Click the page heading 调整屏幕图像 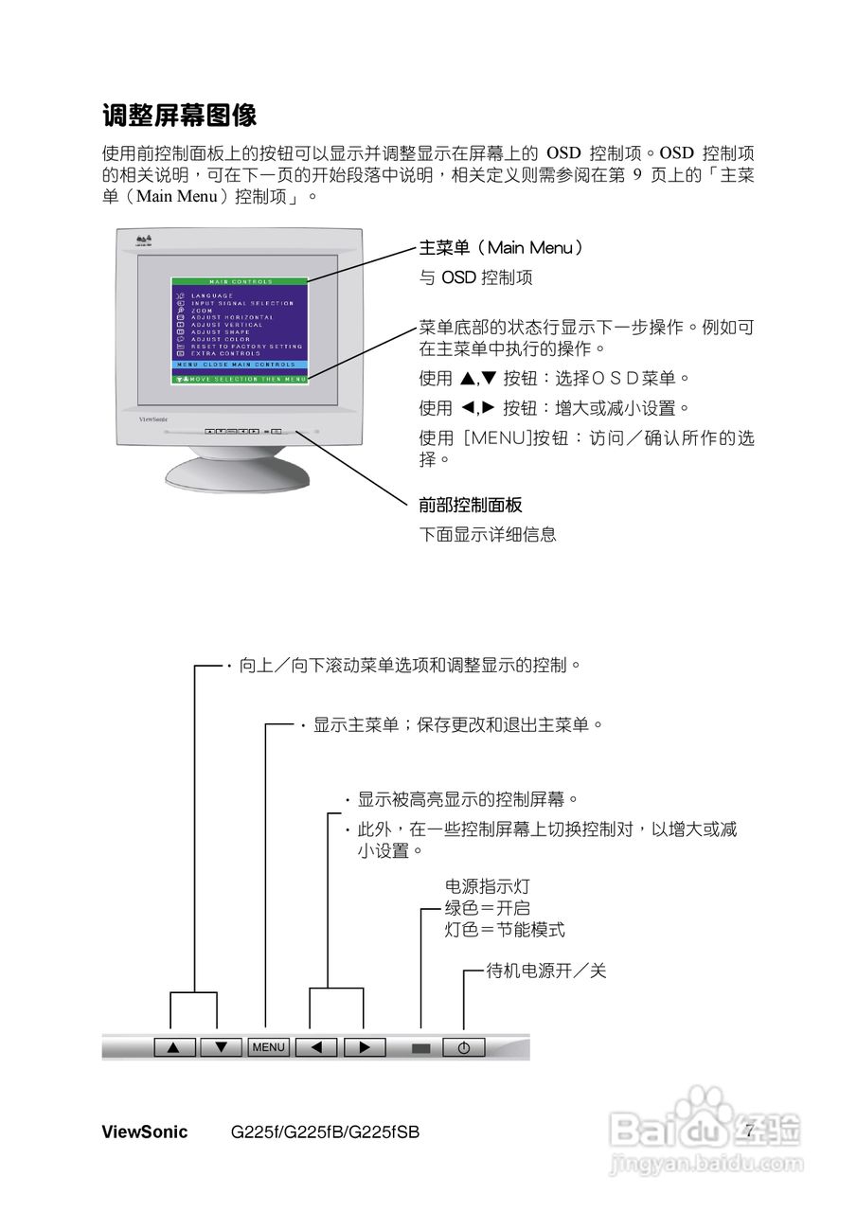(x=180, y=116)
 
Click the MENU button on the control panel (x=268, y=1047)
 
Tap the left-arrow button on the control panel (x=317, y=1047)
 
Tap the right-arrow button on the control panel (x=365, y=1047)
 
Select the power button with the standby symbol (x=463, y=1048)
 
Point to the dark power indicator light (x=421, y=1048)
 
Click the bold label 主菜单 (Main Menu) (x=501, y=248)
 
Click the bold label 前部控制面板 (x=471, y=506)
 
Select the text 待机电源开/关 (x=545, y=971)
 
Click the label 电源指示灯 (x=487, y=887)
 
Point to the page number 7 (x=748, y=1131)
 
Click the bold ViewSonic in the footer (x=144, y=1132)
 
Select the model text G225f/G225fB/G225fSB (x=325, y=1132)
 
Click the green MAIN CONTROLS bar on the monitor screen (x=240, y=281)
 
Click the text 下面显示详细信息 (x=488, y=534)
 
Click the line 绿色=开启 (x=487, y=908)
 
